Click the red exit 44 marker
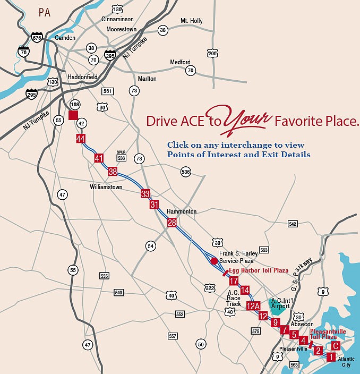click(81, 139)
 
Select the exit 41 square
click(98, 158)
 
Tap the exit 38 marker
click(112, 171)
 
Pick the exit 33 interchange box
click(145, 193)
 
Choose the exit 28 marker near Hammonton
click(172, 223)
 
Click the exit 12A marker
click(253, 305)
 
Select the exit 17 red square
click(234, 281)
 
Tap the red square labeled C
click(335, 345)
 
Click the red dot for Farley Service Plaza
click(214, 261)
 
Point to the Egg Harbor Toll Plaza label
click(259, 270)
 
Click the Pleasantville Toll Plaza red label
click(328, 334)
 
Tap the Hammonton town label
click(182, 211)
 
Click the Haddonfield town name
click(82, 77)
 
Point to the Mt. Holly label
click(192, 21)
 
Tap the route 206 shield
click(212, 53)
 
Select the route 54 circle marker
click(151, 246)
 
